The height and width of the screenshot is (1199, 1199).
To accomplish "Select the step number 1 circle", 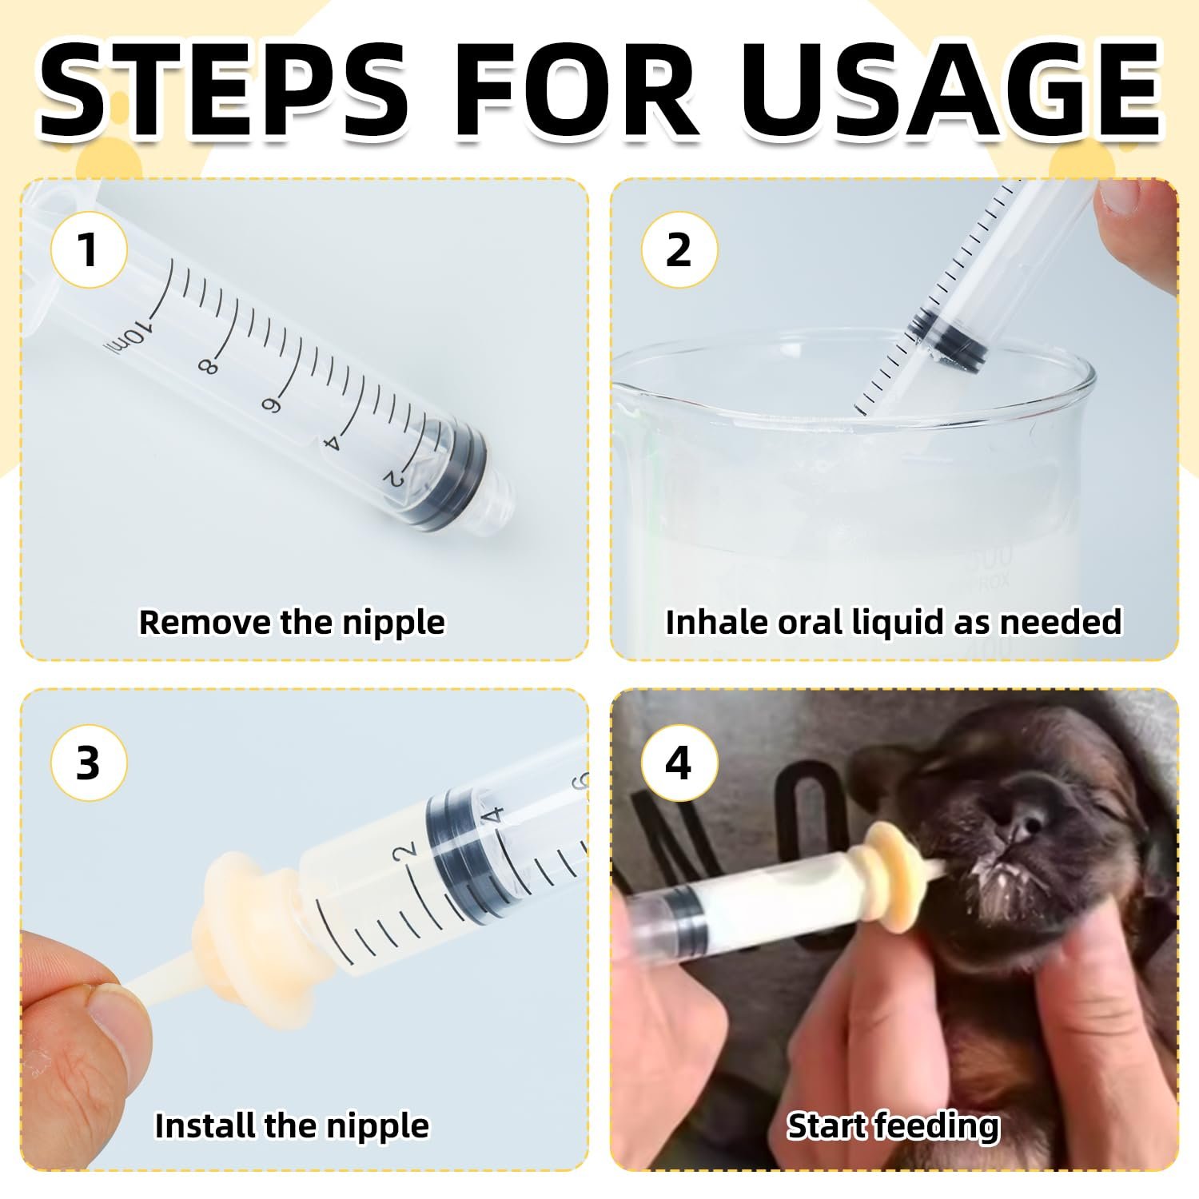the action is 89,249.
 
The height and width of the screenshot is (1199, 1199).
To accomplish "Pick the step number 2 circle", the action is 679,249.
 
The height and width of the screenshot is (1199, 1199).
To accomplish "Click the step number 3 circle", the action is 89,763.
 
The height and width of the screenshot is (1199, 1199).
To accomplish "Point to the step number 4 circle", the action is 679,763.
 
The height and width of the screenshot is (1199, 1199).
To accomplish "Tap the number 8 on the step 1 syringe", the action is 207,366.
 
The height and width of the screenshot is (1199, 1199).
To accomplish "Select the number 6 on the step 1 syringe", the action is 269,405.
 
